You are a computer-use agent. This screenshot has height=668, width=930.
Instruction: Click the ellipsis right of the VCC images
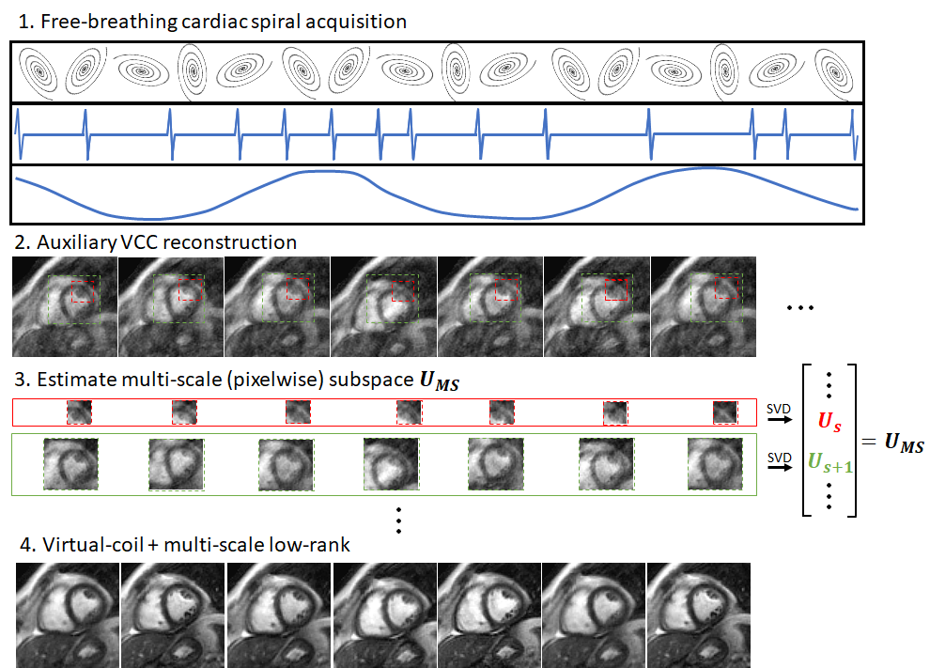coord(799,307)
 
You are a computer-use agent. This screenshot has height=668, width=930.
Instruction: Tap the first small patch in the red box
coord(80,412)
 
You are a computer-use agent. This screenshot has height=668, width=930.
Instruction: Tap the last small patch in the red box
coord(724,412)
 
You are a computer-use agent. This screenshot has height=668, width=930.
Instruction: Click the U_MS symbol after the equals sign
coord(905,443)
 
